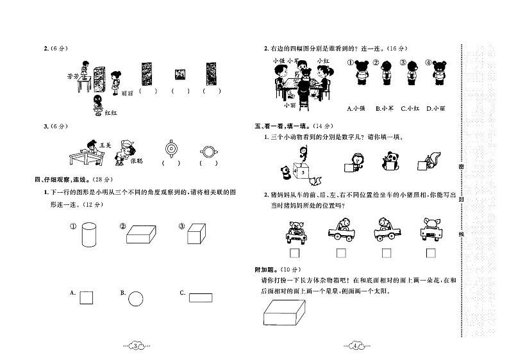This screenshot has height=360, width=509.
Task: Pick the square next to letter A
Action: pyautogui.click(x=86, y=297)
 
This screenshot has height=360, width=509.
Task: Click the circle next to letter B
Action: pyautogui.click(x=135, y=298)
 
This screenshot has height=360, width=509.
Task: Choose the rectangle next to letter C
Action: pyautogui.click(x=201, y=297)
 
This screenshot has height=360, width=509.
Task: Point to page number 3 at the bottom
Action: pyautogui.click(x=135, y=346)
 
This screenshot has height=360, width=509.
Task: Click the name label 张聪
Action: pyautogui.click(x=136, y=161)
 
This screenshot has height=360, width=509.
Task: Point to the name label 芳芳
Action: pyautogui.click(x=72, y=75)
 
